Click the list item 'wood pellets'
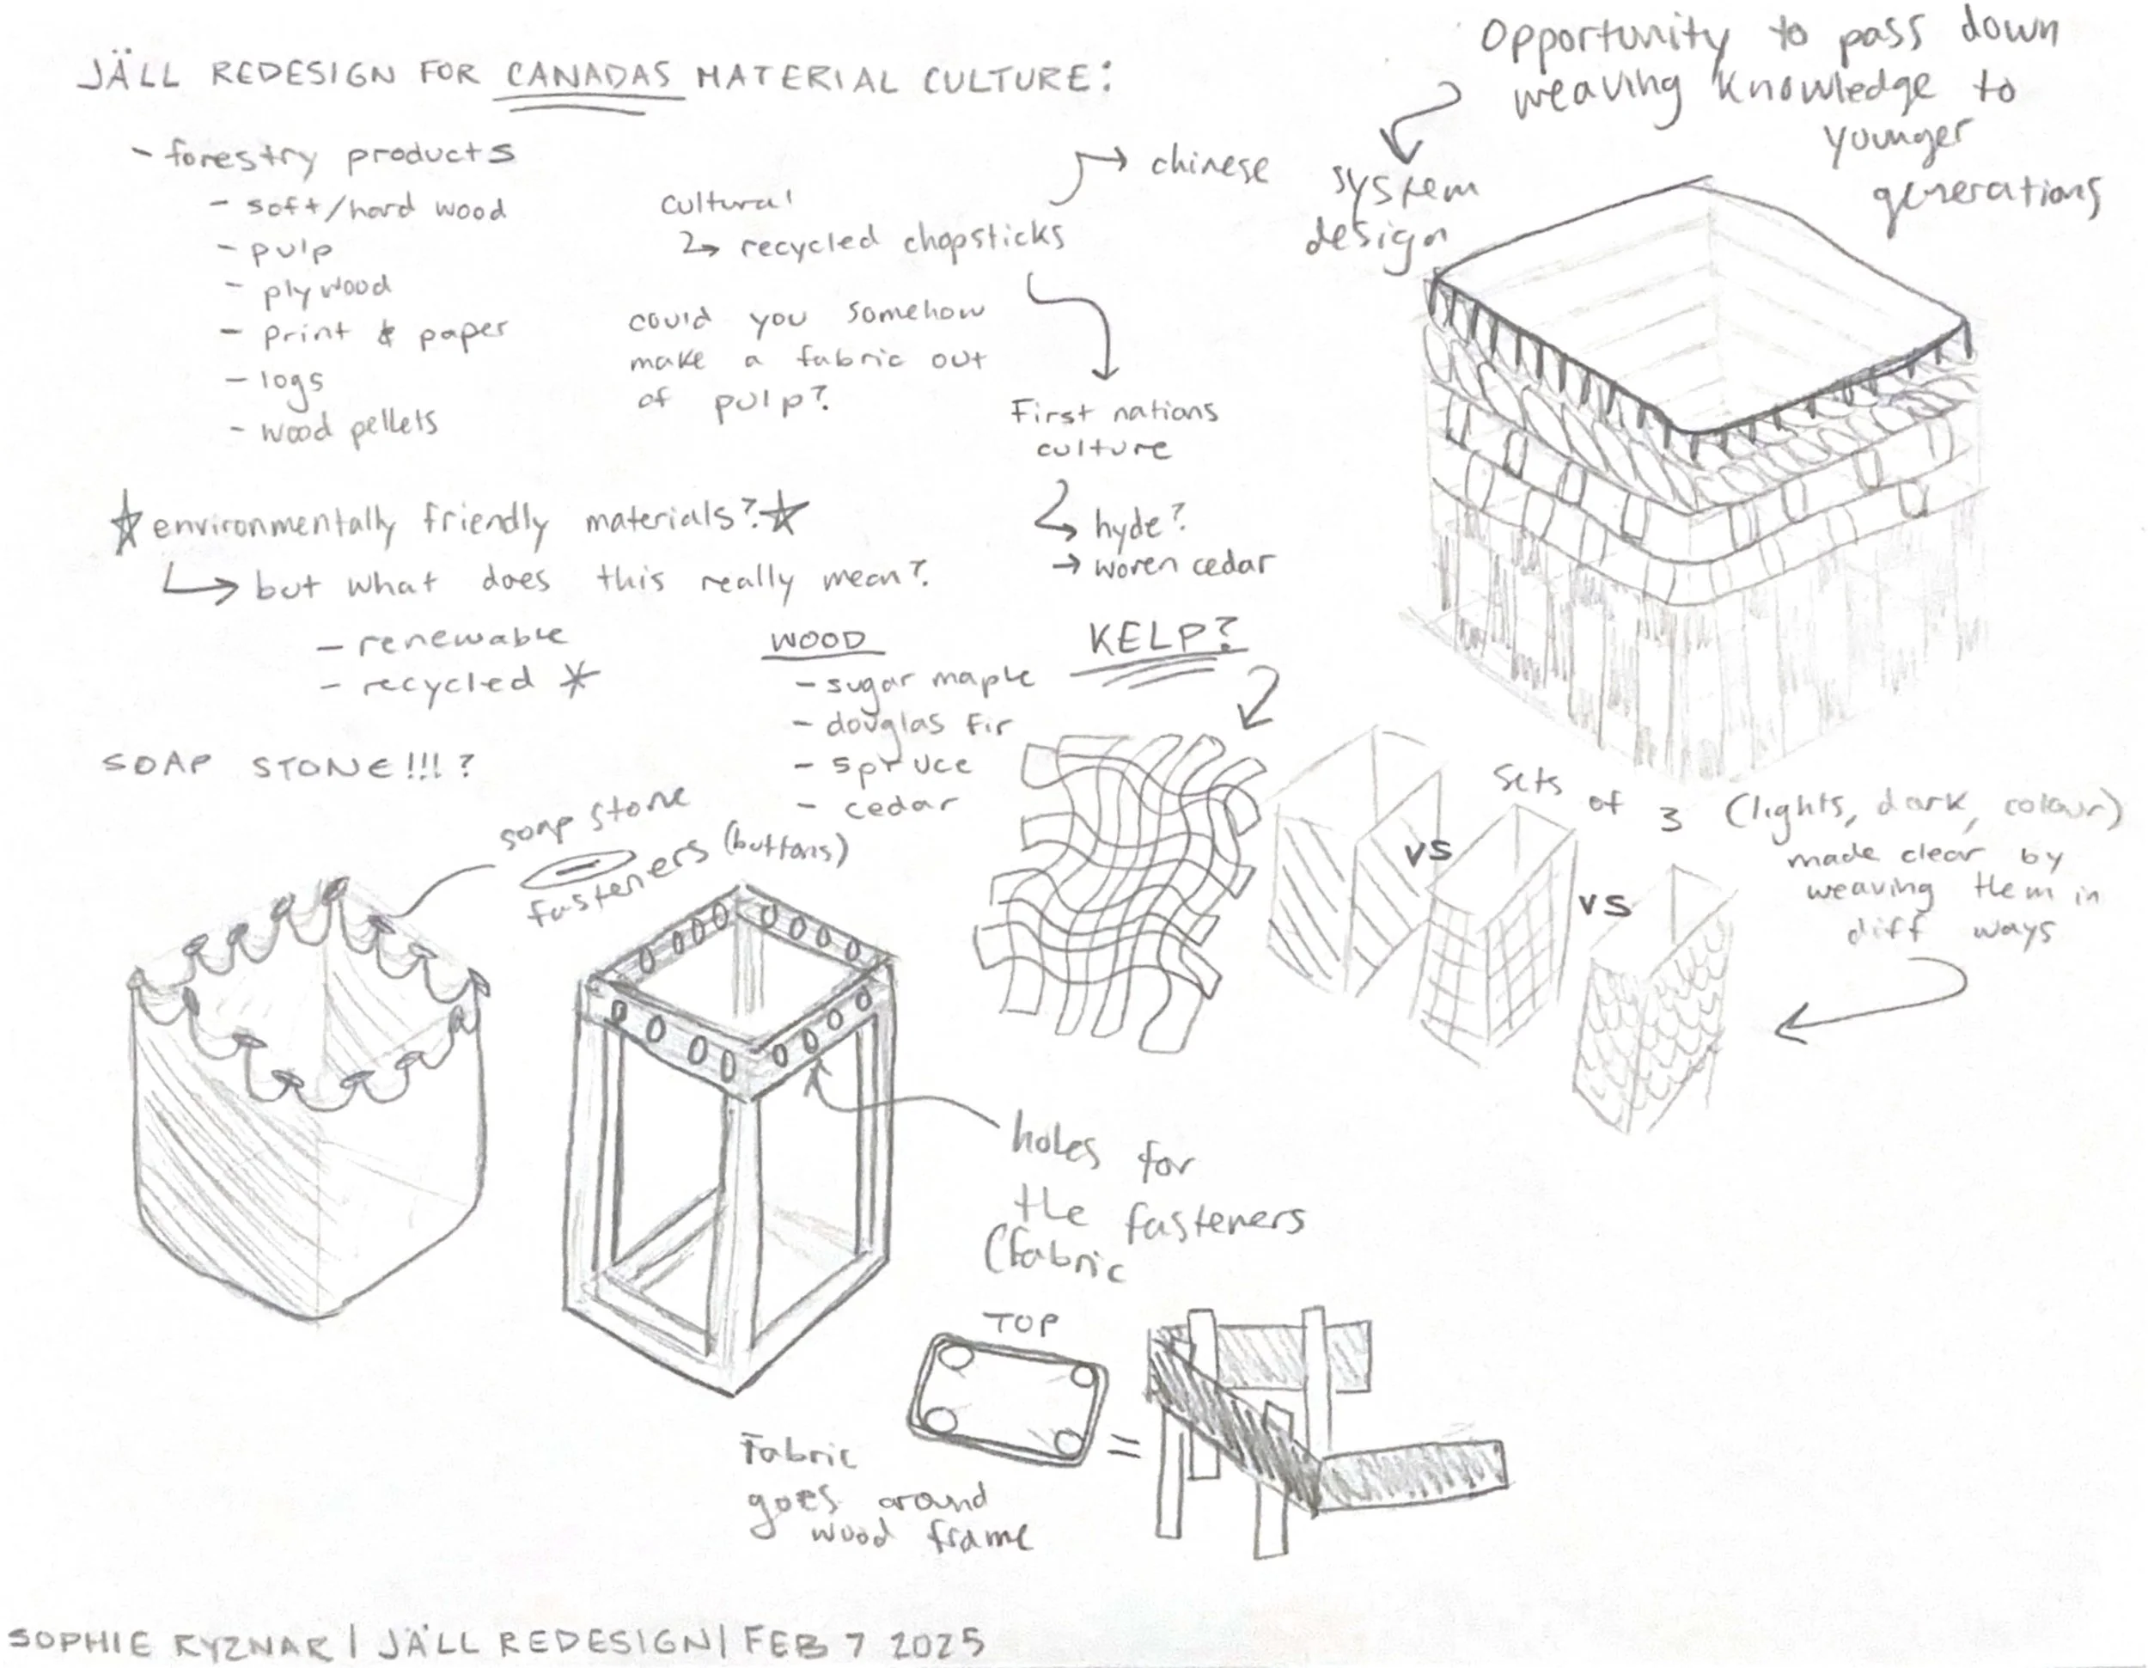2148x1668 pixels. point(347,428)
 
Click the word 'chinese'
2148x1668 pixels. point(1210,168)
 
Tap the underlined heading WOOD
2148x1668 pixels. point(817,641)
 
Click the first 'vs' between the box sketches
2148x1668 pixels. point(1427,852)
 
